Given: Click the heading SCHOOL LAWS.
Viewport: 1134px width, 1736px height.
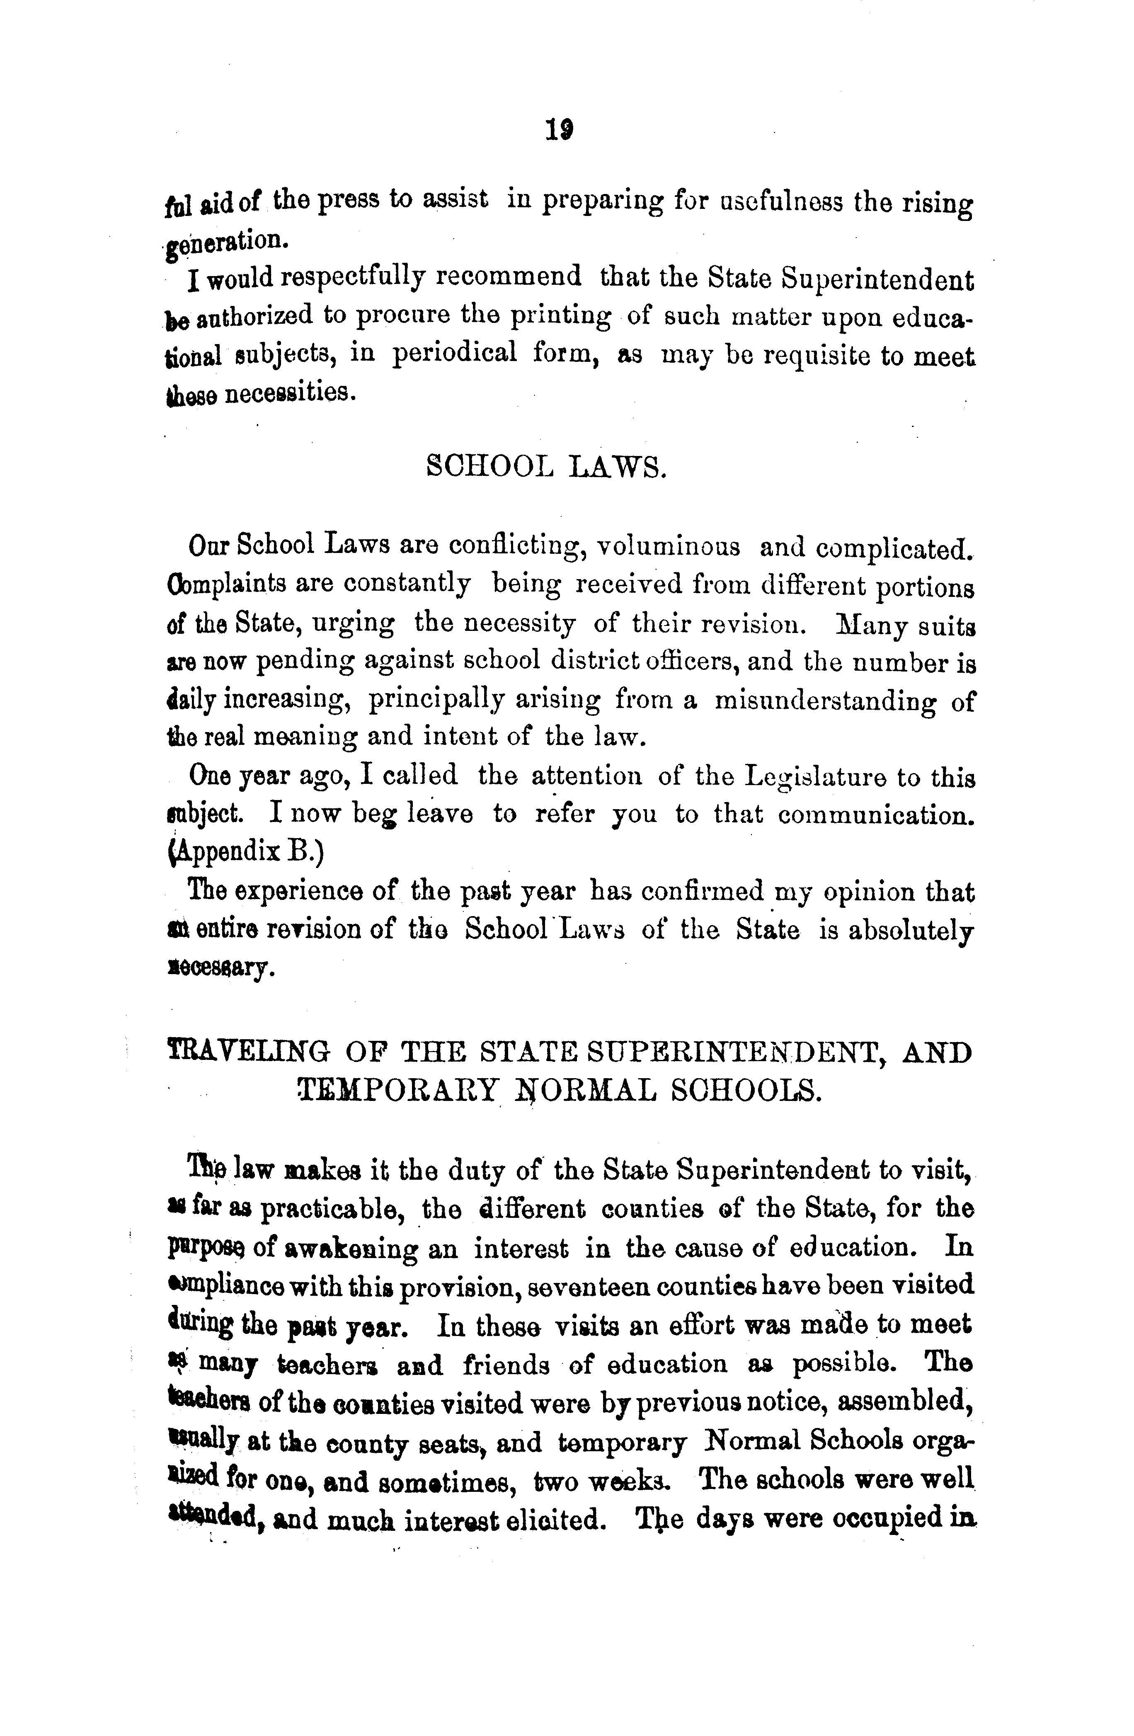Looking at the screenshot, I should click(x=545, y=466).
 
